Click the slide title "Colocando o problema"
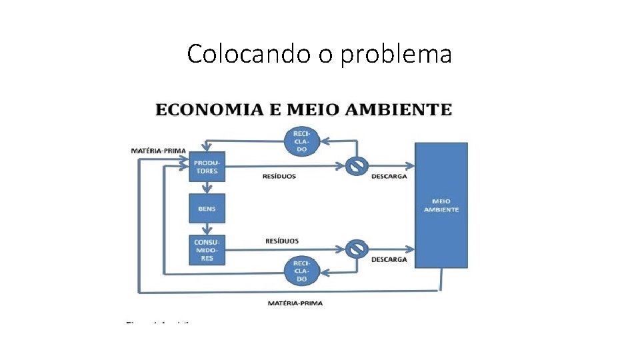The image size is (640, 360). (x=319, y=53)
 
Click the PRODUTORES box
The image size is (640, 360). (x=207, y=167)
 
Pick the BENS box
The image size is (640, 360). (x=207, y=209)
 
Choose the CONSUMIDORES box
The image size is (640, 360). (x=207, y=249)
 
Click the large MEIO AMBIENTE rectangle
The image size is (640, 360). (x=441, y=205)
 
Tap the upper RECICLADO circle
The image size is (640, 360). (x=301, y=141)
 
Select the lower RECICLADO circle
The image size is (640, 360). (x=301, y=269)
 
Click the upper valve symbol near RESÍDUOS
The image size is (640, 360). (x=357, y=166)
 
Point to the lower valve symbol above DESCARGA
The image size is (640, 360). (x=357, y=249)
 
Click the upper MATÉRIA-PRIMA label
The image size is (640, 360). (x=158, y=151)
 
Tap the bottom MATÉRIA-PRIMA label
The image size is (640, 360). (x=295, y=303)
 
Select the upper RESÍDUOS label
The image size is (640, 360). (x=280, y=177)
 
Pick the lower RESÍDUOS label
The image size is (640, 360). (x=282, y=241)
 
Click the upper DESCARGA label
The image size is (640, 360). (x=389, y=177)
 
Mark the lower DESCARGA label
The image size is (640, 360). (x=389, y=259)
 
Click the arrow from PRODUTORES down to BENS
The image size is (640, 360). (x=207, y=187)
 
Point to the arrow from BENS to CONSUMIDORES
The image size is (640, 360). (x=207, y=229)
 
